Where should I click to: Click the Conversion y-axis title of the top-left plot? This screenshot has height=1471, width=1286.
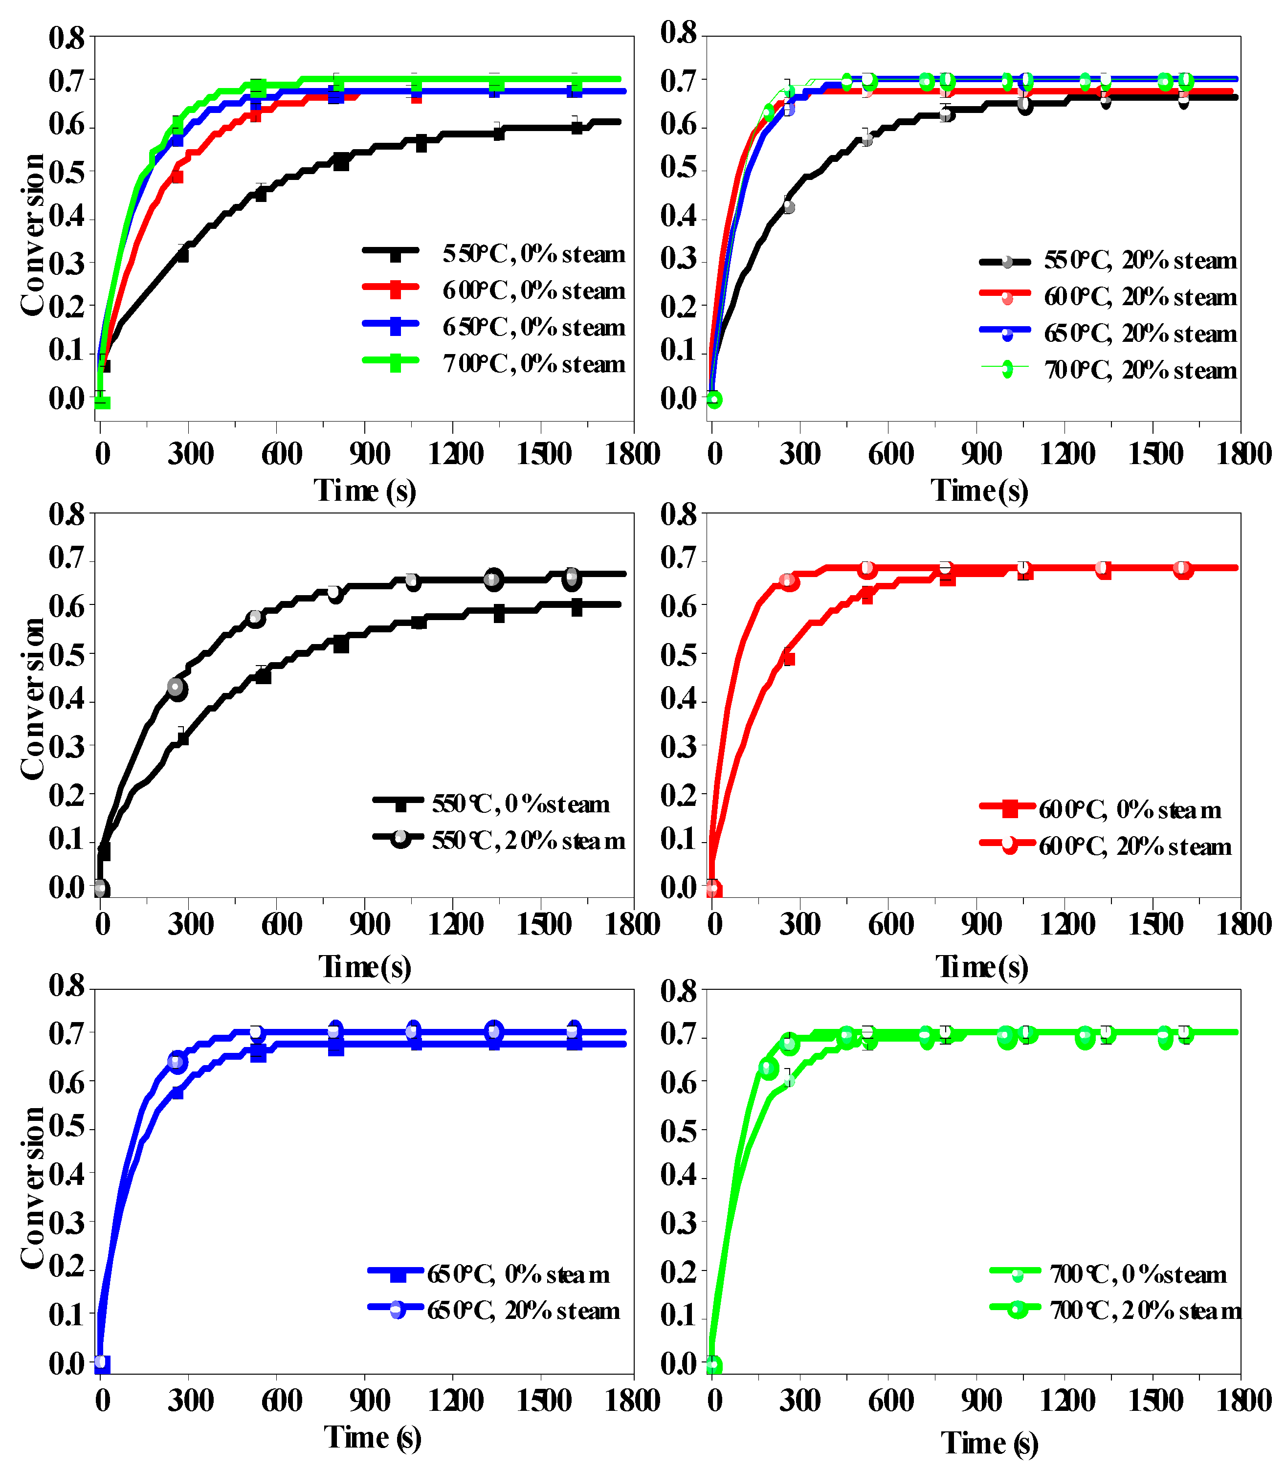tap(32, 235)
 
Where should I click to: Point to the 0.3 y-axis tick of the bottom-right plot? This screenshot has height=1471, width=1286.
tap(678, 1222)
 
